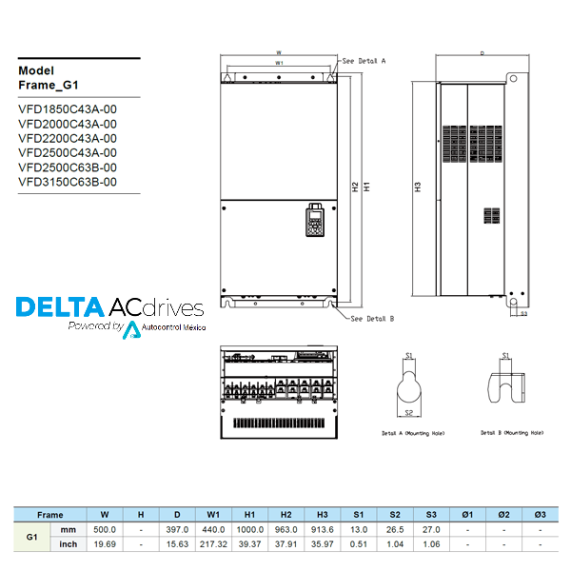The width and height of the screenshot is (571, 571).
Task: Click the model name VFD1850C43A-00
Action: tap(68, 108)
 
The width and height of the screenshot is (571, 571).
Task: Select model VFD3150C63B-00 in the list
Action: tap(68, 182)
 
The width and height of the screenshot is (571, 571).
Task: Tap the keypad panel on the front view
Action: tap(314, 223)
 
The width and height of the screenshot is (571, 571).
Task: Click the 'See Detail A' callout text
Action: tap(364, 60)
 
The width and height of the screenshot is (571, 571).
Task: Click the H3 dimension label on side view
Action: tap(418, 187)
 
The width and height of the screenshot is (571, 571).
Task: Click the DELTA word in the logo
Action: tap(59, 307)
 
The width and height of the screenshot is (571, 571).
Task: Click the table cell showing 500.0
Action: tap(105, 529)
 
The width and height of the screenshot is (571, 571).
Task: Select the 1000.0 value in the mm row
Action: tap(249, 529)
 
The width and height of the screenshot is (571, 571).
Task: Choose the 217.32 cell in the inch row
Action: tap(213, 544)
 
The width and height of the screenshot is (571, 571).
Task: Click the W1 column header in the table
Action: tap(213, 514)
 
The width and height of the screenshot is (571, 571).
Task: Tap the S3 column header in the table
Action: tap(431, 514)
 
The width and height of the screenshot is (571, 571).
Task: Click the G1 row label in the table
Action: tap(32, 537)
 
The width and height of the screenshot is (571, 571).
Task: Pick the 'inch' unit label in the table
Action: tap(69, 544)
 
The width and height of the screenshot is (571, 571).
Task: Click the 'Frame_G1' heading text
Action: tap(49, 85)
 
